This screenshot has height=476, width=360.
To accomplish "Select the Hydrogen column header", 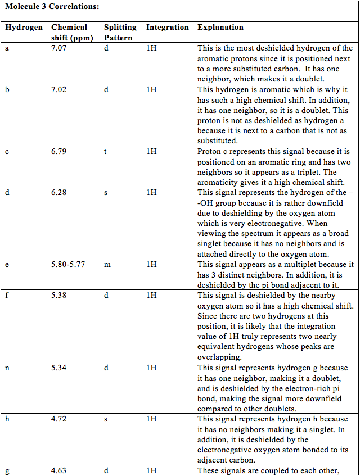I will (24, 27).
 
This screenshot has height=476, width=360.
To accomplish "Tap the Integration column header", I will (168, 27).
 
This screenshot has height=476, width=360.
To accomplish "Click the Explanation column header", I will (220, 27).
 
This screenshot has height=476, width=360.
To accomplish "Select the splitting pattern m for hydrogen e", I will (107, 264).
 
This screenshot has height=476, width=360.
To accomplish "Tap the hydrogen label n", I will (7, 368).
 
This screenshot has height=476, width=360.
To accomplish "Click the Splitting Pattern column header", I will (120, 33).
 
